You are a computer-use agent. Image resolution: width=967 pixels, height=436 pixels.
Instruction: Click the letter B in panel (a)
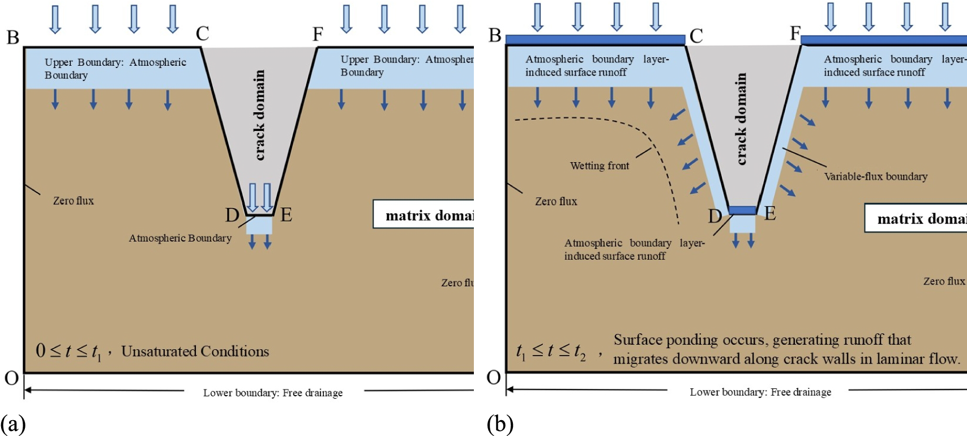pos(12,37)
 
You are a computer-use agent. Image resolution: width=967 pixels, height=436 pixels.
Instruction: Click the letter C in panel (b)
pos(696,36)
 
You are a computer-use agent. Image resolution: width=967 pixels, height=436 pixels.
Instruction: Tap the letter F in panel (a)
pos(318,35)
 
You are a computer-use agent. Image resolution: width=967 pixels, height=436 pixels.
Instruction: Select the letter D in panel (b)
pos(715,216)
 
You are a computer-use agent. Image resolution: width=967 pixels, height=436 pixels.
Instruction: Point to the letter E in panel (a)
pos(286,215)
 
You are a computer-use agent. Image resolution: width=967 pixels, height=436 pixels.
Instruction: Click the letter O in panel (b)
pos(493,378)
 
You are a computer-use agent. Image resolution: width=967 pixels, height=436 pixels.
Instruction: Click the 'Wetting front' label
pos(599,166)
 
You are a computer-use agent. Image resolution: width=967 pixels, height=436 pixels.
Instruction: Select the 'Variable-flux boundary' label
pos(875,176)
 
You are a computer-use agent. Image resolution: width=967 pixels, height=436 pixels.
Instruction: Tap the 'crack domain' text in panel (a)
pos(259,115)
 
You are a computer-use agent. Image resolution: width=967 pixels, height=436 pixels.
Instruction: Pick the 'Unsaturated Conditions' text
pos(195,352)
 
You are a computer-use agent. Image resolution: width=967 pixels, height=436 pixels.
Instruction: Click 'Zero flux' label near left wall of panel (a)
pos(73,201)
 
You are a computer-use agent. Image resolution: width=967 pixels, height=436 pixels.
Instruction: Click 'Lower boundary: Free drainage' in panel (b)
pos(760,392)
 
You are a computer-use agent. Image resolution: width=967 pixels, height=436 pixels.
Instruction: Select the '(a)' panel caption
pos(12,424)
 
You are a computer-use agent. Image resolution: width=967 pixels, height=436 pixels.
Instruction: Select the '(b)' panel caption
pos(499,424)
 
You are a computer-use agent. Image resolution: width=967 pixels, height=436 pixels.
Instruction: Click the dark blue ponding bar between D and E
pos(742,210)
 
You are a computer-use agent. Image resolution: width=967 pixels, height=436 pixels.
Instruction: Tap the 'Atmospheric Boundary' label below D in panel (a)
pos(180,238)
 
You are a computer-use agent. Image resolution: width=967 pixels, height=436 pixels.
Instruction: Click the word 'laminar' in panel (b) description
pos(883,359)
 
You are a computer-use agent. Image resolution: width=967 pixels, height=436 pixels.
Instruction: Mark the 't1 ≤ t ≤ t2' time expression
pos(550,352)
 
